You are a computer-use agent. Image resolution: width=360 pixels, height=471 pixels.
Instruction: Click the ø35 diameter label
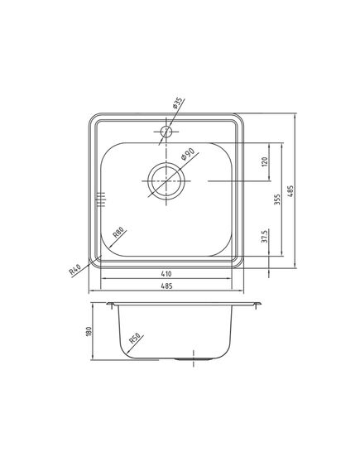[x=176, y=105]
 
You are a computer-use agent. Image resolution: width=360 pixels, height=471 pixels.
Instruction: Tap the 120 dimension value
[x=265, y=161]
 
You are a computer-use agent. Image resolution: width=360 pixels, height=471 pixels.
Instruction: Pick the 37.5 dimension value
[x=265, y=238]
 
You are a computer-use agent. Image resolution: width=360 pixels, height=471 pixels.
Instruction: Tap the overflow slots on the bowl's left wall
[x=102, y=199]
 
